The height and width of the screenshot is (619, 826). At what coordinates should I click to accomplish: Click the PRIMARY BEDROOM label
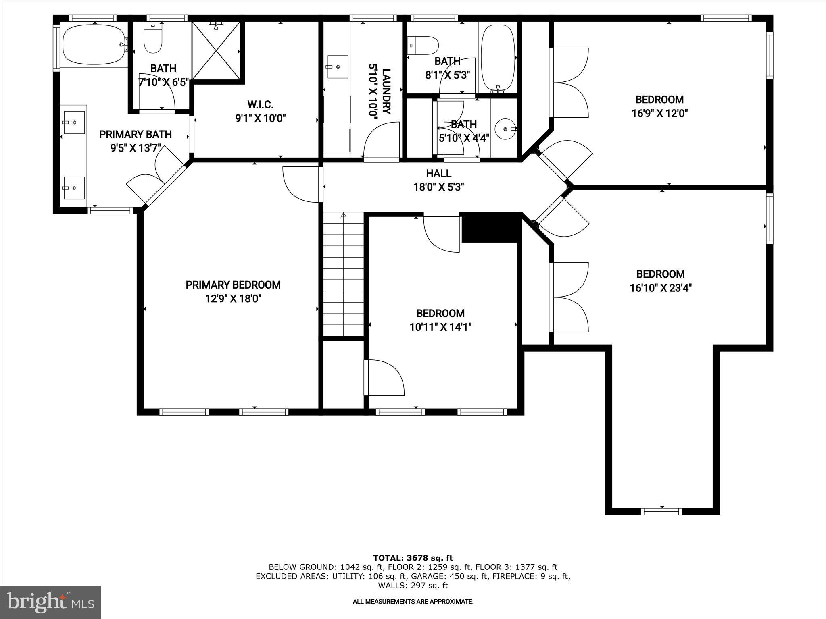[x=233, y=285]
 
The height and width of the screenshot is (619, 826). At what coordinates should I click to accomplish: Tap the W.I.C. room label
[x=260, y=105]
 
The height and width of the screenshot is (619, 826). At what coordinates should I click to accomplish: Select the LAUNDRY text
[x=386, y=92]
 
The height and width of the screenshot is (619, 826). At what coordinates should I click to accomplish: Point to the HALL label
[x=438, y=174]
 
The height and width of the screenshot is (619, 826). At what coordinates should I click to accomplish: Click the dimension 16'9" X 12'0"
[x=659, y=113]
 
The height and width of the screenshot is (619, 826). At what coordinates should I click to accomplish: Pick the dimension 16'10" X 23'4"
[x=661, y=288]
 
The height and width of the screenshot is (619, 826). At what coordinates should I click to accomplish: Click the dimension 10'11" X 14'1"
[x=440, y=327]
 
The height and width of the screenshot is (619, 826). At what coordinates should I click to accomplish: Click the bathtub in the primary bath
[x=94, y=44]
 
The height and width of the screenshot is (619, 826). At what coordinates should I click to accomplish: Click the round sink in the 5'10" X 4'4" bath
[x=506, y=129]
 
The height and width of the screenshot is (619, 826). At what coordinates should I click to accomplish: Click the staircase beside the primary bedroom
[x=344, y=274]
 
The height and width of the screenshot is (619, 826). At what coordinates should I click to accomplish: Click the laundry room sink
[x=337, y=67]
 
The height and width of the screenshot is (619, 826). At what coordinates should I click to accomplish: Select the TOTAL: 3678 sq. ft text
[x=413, y=558]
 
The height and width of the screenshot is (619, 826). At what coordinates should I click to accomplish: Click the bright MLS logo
[x=50, y=602]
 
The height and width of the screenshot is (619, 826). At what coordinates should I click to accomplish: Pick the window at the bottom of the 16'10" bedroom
[x=661, y=511]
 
